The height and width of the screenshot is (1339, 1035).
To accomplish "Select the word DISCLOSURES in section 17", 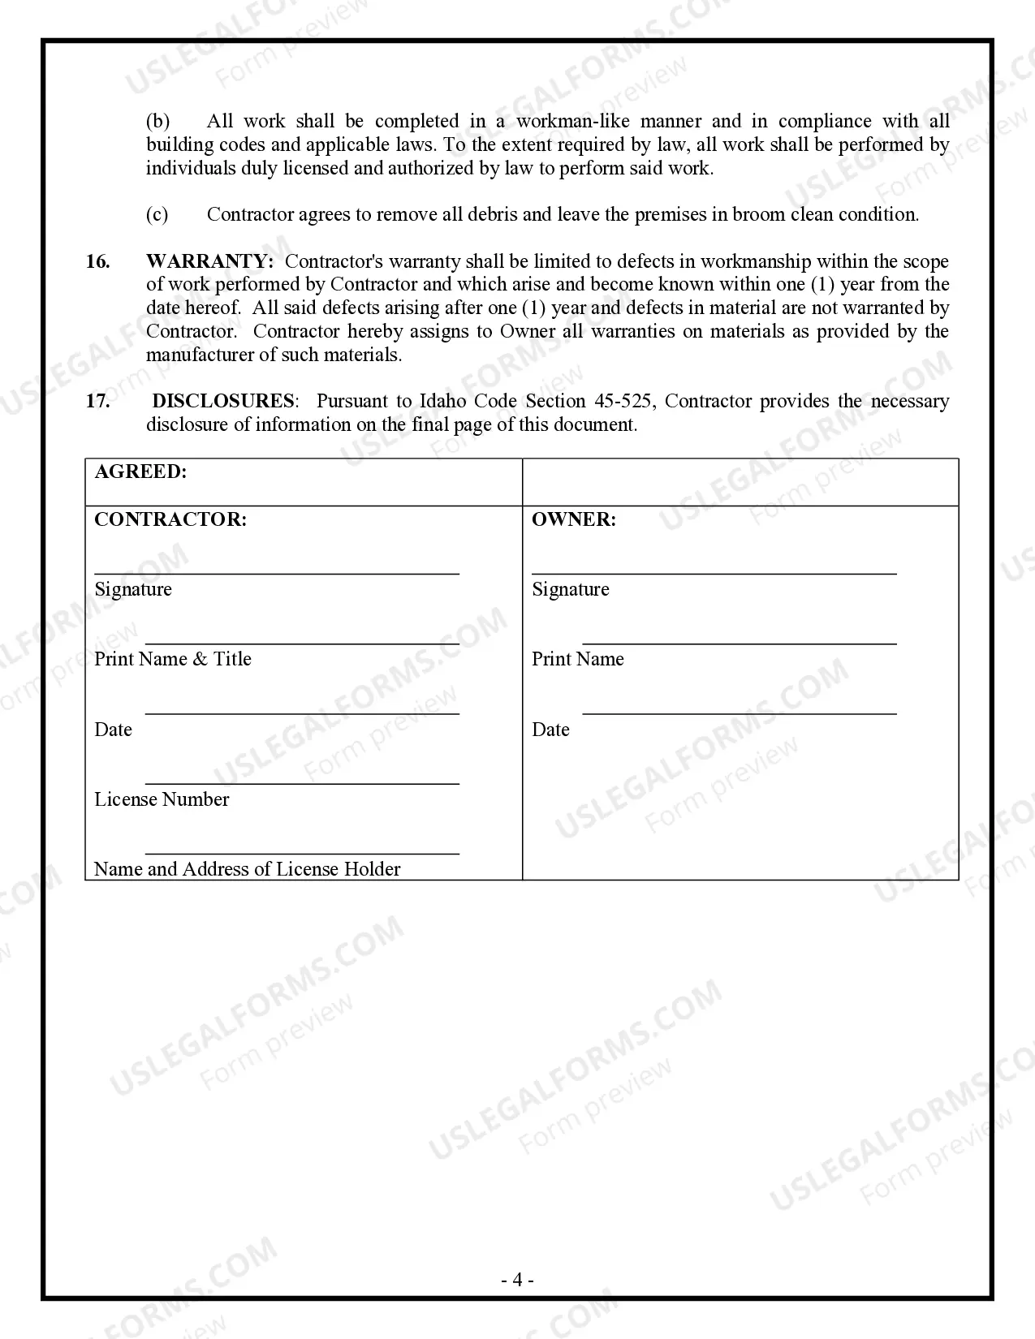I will click(223, 401).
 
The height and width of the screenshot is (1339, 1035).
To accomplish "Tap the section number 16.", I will click(97, 261).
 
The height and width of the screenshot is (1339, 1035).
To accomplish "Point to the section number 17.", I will click(97, 401).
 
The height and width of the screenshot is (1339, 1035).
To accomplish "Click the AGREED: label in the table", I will click(140, 471).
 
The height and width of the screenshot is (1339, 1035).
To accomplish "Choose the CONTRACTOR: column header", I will click(170, 519).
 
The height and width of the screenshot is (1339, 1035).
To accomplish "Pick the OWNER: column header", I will click(574, 519).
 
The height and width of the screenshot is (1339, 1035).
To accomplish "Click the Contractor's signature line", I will click(276, 572).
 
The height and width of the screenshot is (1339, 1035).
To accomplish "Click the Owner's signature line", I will click(714, 572).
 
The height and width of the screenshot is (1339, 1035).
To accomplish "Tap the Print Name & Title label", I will click(173, 659).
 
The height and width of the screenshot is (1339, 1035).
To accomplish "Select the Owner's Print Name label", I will click(578, 659).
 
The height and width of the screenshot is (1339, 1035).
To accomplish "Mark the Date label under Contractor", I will click(113, 730).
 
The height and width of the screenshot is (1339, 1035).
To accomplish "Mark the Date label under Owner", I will click(550, 730).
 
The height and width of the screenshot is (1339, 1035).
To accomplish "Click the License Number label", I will click(162, 799).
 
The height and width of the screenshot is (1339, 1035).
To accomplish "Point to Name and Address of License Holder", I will click(248, 869).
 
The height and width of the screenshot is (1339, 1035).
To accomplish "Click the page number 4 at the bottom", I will click(517, 1281).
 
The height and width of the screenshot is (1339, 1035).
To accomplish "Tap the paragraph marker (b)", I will click(157, 122).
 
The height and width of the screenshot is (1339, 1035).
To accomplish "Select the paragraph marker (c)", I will click(157, 214).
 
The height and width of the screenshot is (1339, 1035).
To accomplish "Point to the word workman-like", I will click(573, 122).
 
